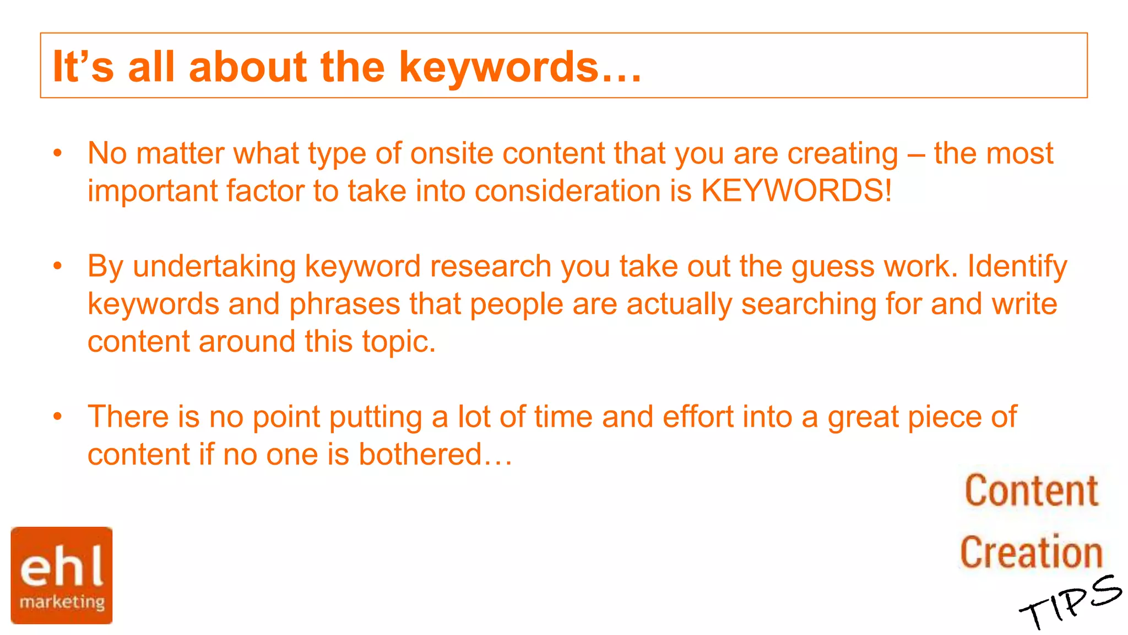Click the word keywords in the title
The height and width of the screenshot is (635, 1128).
pos(498,67)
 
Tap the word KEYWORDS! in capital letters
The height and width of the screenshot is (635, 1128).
pos(796,191)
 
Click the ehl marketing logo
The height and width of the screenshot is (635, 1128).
pos(62,575)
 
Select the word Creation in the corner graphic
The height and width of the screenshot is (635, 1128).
pos(1031,552)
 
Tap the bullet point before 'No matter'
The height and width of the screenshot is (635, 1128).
pos(58,153)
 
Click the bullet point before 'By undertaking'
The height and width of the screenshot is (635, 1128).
pos(58,266)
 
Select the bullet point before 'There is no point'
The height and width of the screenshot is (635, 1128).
pos(58,417)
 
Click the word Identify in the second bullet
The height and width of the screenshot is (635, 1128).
pos(1017,266)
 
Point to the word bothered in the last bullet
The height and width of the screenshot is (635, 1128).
pos(420,454)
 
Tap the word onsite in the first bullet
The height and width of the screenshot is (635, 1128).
pos(452,153)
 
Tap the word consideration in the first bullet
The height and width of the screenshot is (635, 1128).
pos(567,191)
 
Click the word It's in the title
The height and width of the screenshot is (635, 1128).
pos(83,67)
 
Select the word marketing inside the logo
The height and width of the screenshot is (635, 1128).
pos(62,601)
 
